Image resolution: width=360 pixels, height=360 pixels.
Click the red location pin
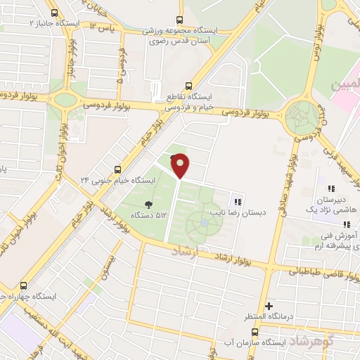(x=181, y=165)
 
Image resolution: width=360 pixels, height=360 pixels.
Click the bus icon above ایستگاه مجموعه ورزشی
(x=180, y=20)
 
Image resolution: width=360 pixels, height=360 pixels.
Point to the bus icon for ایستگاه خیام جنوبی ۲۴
(x=117, y=169)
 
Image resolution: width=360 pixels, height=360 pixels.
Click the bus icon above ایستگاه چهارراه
(x=25, y=285)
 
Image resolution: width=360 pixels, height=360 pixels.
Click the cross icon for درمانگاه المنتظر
(x=269, y=306)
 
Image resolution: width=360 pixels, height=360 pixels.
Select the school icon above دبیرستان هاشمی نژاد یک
(x=330, y=188)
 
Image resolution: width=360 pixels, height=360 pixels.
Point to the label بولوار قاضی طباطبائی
(x=316, y=271)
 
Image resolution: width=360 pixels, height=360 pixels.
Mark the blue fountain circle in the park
(x=204, y=223)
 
